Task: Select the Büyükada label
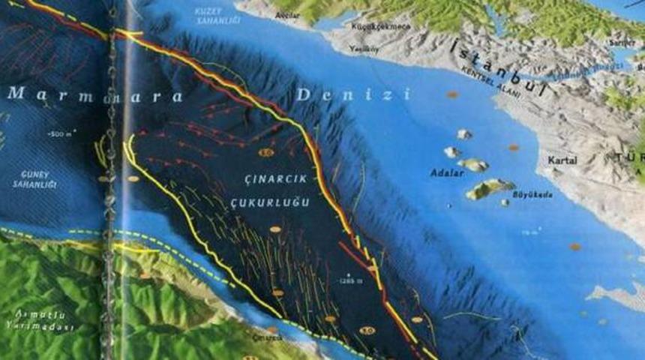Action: (532, 194)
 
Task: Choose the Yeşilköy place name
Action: (364, 49)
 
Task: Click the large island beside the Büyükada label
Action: (490, 189)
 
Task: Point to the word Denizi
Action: (353, 94)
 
